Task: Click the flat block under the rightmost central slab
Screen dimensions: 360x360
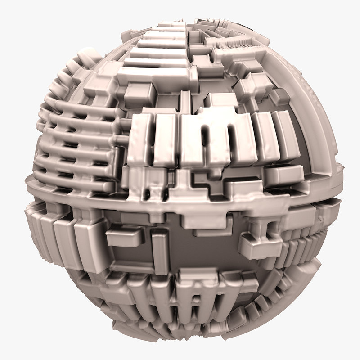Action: click(283, 174)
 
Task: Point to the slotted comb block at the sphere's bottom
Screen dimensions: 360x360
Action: click(189, 297)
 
